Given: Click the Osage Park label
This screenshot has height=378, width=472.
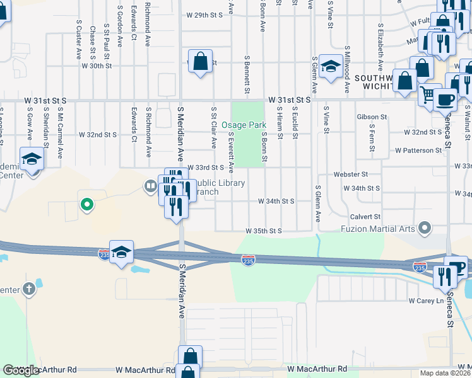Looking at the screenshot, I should click(243, 125).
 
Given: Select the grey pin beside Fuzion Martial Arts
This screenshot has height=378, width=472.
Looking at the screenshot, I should click(425, 227).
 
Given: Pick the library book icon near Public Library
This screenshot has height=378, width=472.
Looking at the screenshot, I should click(150, 185).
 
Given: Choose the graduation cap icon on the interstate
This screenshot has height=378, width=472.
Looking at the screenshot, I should click(121, 252).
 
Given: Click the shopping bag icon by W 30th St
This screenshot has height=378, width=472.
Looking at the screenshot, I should click(200, 62).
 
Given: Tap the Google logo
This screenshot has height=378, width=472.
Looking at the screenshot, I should click(21, 370).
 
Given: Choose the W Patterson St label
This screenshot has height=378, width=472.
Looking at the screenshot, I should click(418, 151).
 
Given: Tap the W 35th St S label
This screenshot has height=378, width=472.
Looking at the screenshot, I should click(263, 231).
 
